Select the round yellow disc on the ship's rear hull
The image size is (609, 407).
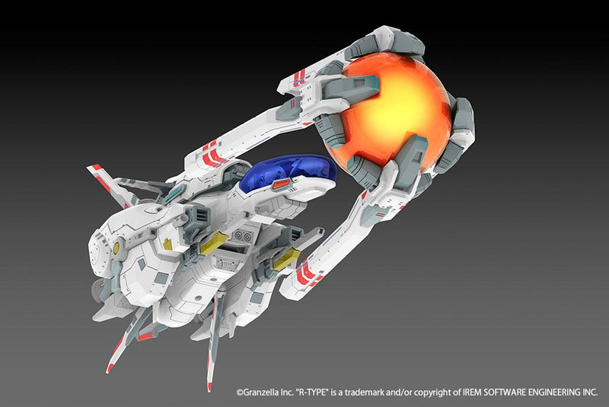(x=117, y=248)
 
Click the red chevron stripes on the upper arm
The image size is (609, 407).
(x=215, y=155)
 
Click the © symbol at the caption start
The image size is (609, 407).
(x=239, y=393)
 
